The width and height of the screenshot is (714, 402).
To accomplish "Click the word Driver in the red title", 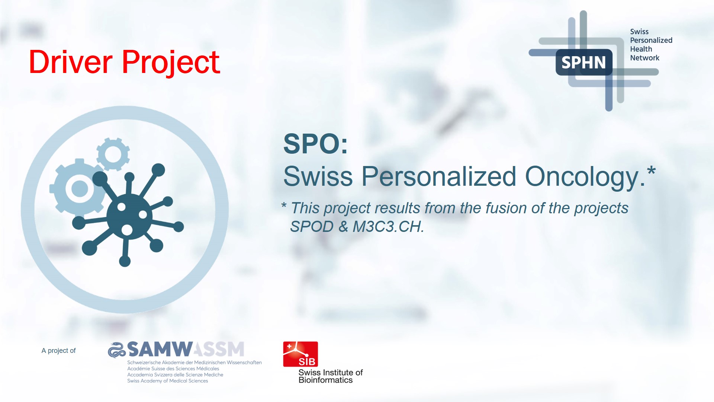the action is [x=71, y=62].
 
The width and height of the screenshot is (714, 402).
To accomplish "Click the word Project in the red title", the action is [x=171, y=63].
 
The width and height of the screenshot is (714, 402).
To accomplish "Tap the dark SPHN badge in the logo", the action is [x=584, y=62].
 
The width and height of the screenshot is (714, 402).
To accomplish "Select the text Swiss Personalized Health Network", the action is [x=651, y=45].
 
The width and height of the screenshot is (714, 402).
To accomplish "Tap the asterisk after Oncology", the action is [x=651, y=172].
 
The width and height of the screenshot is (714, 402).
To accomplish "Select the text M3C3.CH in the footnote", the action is [x=388, y=227].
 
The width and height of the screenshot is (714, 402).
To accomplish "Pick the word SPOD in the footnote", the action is [x=312, y=227].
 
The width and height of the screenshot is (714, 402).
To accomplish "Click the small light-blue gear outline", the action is [x=113, y=154].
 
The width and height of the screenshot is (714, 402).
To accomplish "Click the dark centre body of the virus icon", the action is [x=129, y=216].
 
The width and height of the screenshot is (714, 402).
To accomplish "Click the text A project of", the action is [x=58, y=351].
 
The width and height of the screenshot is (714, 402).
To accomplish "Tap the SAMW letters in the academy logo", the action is [x=160, y=350].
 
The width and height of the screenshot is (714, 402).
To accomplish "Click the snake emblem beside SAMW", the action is [x=117, y=350].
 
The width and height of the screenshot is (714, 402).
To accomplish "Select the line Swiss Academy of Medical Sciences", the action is [x=168, y=381].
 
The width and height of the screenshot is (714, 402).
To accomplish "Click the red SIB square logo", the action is [x=300, y=354].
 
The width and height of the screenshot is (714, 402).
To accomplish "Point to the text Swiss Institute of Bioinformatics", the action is [x=331, y=376].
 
